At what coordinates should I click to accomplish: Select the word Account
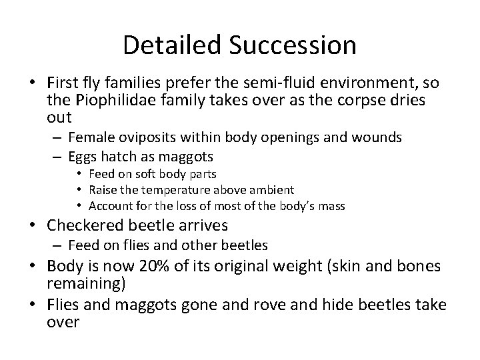[x=109, y=205]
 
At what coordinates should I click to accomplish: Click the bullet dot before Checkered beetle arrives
[x=40, y=225]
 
